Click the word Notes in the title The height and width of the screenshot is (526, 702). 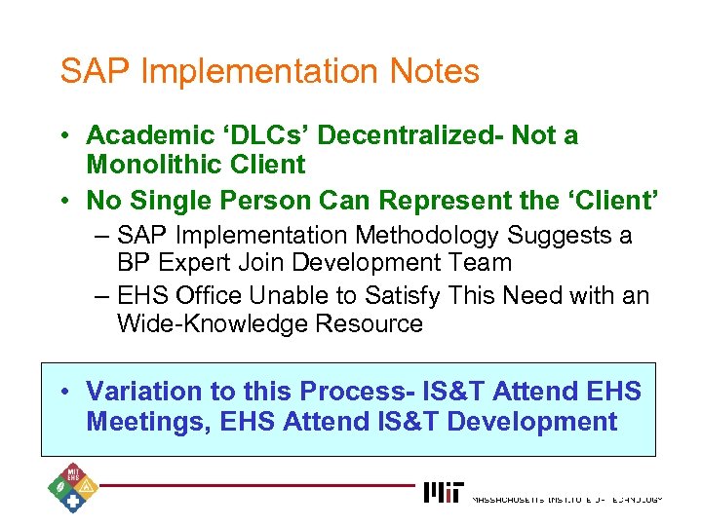click(434, 71)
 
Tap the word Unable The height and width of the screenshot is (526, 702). click(283, 296)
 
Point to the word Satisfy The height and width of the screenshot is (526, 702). click(400, 296)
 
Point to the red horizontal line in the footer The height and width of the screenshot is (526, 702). click(253, 484)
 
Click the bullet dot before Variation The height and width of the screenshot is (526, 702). click(61, 392)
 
